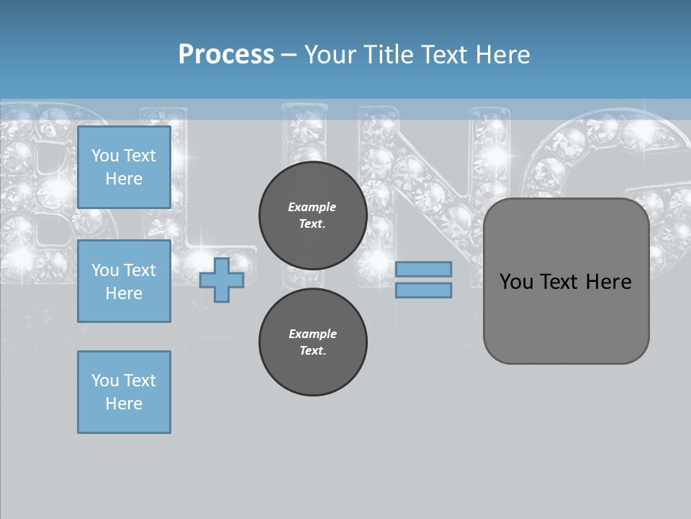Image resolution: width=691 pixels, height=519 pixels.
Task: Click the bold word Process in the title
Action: [x=226, y=54]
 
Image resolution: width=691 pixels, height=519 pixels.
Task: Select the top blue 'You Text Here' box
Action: [x=124, y=167]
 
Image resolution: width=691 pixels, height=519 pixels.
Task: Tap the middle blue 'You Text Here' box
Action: [x=124, y=281]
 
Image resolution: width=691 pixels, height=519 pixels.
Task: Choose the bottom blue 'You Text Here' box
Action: [x=124, y=392]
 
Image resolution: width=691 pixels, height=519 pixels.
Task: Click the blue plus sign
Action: [x=222, y=280]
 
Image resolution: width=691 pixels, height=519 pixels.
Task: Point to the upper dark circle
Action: [x=312, y=215]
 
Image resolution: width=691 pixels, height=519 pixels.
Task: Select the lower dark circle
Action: [x=312, y=342]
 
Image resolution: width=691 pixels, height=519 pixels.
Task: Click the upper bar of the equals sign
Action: [x=423, y=269]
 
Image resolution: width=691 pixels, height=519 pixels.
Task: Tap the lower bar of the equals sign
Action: [x=423, y=290]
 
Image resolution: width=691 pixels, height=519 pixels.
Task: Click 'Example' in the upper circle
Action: [x=312, y=207]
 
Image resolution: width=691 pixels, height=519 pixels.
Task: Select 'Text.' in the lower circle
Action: [x=312, y=350]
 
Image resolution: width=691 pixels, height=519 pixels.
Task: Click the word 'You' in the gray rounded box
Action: [x=517, y=281]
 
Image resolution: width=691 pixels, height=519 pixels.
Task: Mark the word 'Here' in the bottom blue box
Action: [x=124, y=404]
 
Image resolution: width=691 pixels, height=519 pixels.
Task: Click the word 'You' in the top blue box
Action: [x=105, y=156]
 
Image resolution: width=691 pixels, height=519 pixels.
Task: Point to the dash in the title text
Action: [x=289, y=55]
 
